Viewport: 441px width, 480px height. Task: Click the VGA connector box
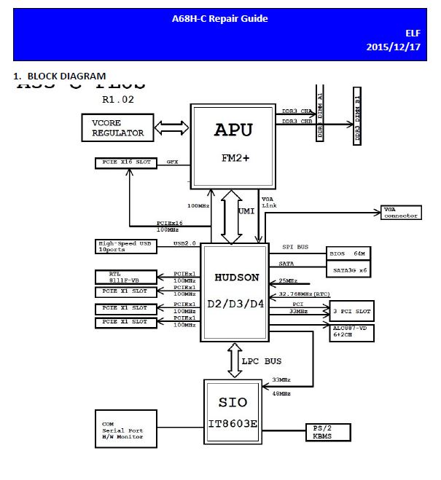coord(400,213)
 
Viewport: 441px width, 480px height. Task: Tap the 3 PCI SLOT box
coord(351,312)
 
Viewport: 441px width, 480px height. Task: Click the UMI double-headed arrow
coord(231,216)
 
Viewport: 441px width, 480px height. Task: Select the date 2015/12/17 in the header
coord(394,47)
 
